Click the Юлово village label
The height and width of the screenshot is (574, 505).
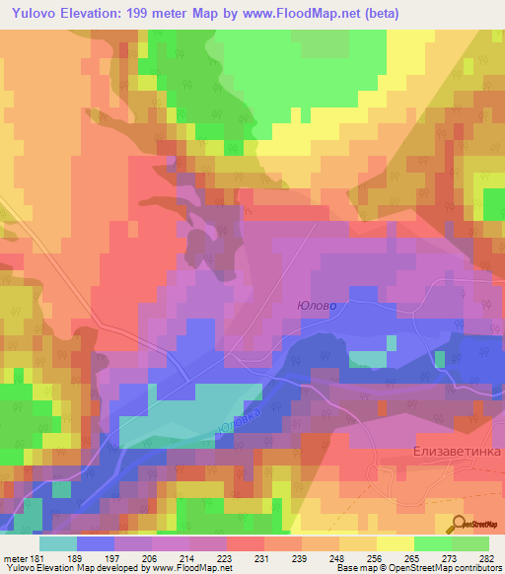pos(317,306)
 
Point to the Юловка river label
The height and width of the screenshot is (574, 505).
pos(240,418)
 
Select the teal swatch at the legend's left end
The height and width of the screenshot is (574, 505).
pos(58,543)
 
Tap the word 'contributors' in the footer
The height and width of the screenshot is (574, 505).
pos(477,568)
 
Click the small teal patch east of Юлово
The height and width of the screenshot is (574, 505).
pos(367,358)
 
